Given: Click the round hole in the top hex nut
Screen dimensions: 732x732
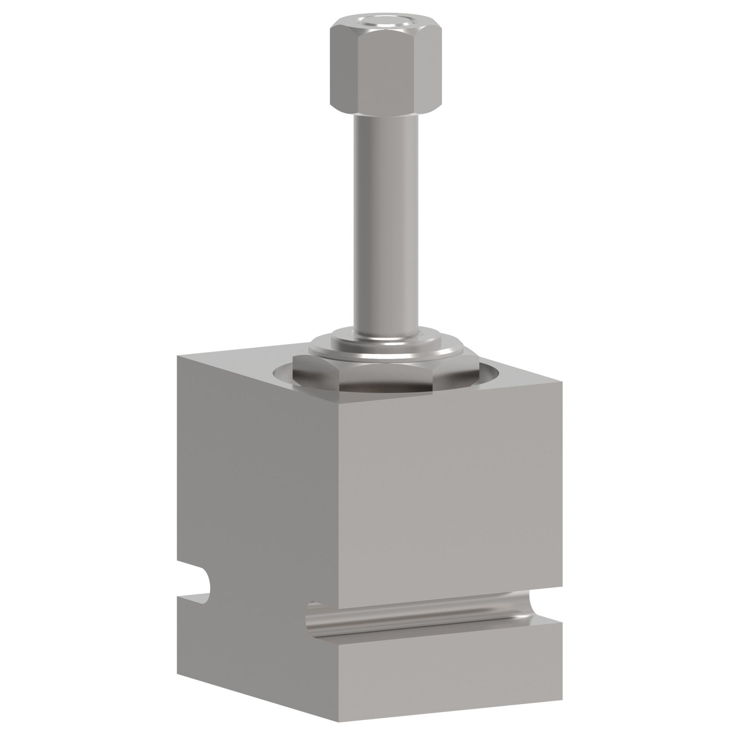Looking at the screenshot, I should (385, 28).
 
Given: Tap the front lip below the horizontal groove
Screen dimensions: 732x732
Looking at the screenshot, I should (450, 663).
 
